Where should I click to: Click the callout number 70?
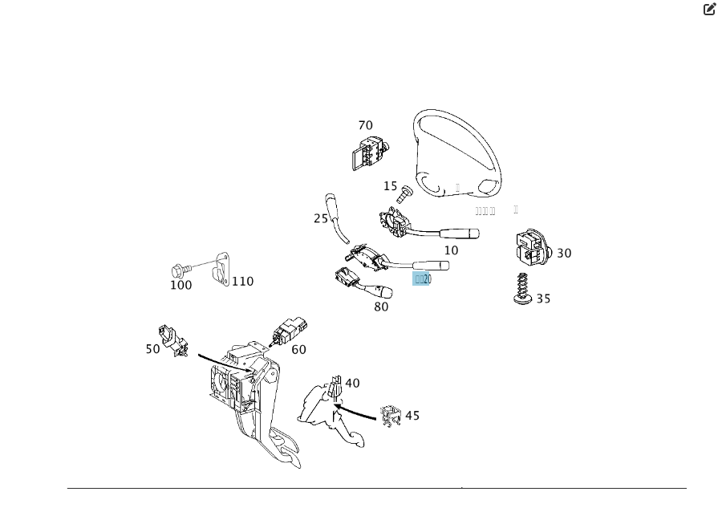[365, 125]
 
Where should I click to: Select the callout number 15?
[390, 186]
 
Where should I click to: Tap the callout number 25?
[321, 218]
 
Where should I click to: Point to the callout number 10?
[452, 250]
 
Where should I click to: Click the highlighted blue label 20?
[423, 279]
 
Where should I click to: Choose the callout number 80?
[381, 307]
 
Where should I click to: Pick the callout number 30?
[564, 254]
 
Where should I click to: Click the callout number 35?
[543, 299]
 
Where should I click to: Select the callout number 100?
[181, 285]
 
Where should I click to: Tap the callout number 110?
[242, 282]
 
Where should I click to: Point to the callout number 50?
[152, 349]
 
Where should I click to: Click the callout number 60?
[298, 350]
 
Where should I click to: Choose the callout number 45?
[412, 416]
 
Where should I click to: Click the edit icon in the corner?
[709, 10]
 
